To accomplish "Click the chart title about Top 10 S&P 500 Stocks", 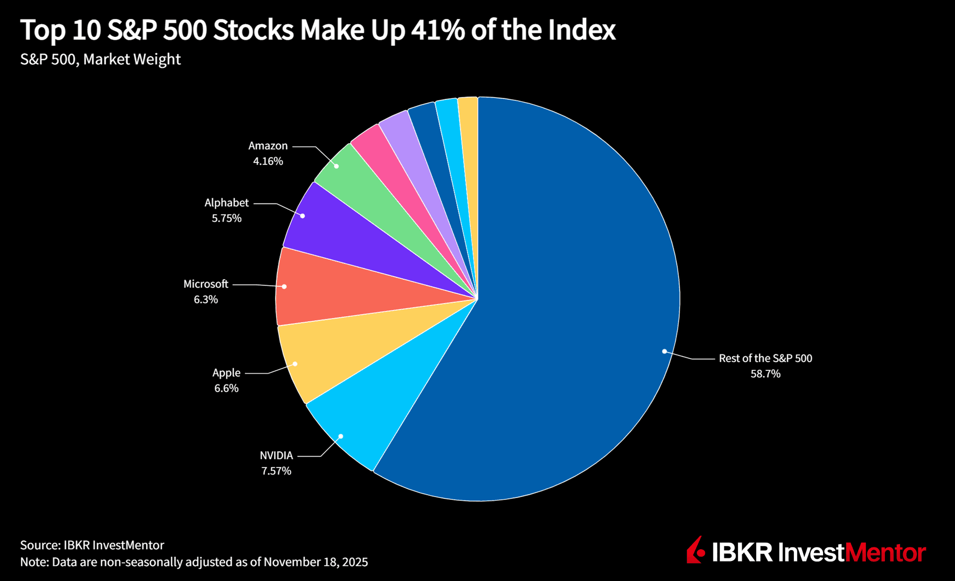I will click(318, 30).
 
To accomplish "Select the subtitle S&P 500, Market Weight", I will click(100, 59).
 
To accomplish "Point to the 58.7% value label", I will click(765, 374).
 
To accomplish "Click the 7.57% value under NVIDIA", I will click(276, 471).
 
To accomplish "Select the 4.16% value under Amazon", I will click(268, 161).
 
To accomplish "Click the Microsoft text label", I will click(206, 284).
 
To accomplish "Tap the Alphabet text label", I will click(227, 202).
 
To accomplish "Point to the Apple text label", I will click(226, 373).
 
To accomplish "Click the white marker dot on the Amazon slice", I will click(336, 166).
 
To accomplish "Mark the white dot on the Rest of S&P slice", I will click(664, 351).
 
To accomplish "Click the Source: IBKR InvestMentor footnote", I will click(92, 545).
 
